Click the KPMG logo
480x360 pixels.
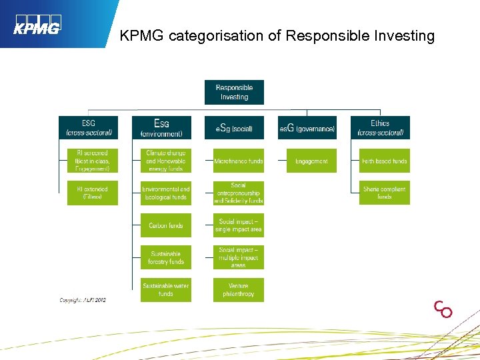tap(37, 25)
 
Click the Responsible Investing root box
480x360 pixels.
tap(234, 92)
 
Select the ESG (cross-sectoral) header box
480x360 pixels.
tap(88, 127)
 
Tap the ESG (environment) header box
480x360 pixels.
tap(161, 127)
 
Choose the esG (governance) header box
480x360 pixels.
tap(307, 127)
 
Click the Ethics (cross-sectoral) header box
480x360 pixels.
tap(380, 127)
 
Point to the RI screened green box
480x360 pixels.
tap(92, 161)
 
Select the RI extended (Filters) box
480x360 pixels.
tap(92, 193)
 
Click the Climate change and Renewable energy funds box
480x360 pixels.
tap(166, 161)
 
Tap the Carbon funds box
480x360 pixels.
tap(166, 225)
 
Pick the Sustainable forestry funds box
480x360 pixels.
tap(166, 257)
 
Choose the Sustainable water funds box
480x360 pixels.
tap(166, 290)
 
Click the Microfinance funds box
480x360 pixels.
tap(239, 161)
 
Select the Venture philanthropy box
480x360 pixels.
tap(239, 290)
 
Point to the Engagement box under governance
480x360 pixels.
tap(311, 161)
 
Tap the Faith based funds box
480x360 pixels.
tap(385, 161)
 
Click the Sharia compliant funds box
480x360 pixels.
tap(385, 193)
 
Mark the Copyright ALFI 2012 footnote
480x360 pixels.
tap(83, 300)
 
